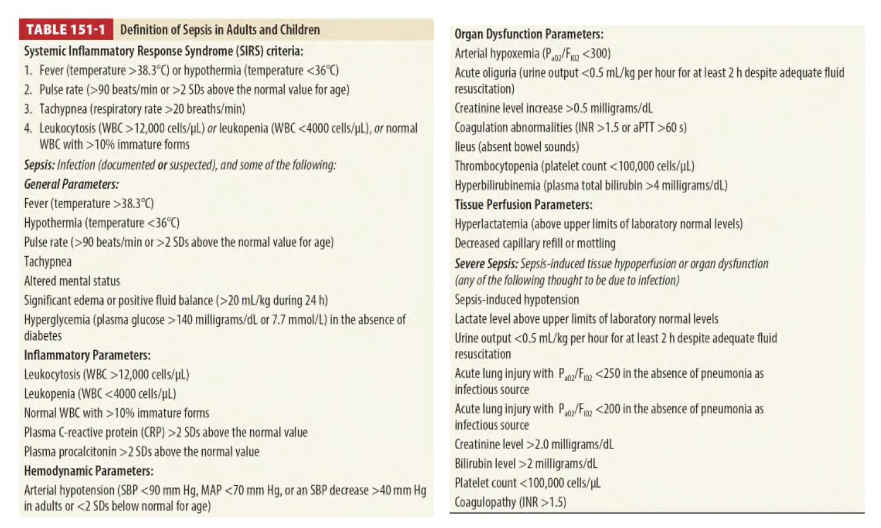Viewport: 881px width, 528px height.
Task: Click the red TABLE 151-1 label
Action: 65,30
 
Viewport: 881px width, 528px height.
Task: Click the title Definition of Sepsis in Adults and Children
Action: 220,30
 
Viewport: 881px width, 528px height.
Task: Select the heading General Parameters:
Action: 71,184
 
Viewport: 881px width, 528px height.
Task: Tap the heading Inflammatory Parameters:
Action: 87,356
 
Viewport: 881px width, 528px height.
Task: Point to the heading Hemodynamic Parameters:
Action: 88,471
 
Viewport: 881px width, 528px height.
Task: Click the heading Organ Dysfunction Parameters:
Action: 528,34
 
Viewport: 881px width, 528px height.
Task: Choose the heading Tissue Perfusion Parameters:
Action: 523,205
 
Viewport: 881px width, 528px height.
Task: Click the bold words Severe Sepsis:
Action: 486,264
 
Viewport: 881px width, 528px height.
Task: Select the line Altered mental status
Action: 72,281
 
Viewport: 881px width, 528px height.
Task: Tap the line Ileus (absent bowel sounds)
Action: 517,147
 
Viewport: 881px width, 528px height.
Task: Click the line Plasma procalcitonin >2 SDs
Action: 141,452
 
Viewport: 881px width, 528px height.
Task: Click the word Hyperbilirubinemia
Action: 497,185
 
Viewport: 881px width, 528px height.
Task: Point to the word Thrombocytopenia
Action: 496,166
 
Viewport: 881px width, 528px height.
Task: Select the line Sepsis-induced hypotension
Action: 517,300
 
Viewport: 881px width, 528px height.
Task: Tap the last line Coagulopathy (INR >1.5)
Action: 510,502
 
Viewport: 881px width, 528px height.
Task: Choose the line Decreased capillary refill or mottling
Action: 535,243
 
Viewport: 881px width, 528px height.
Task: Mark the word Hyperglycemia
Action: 56,320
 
